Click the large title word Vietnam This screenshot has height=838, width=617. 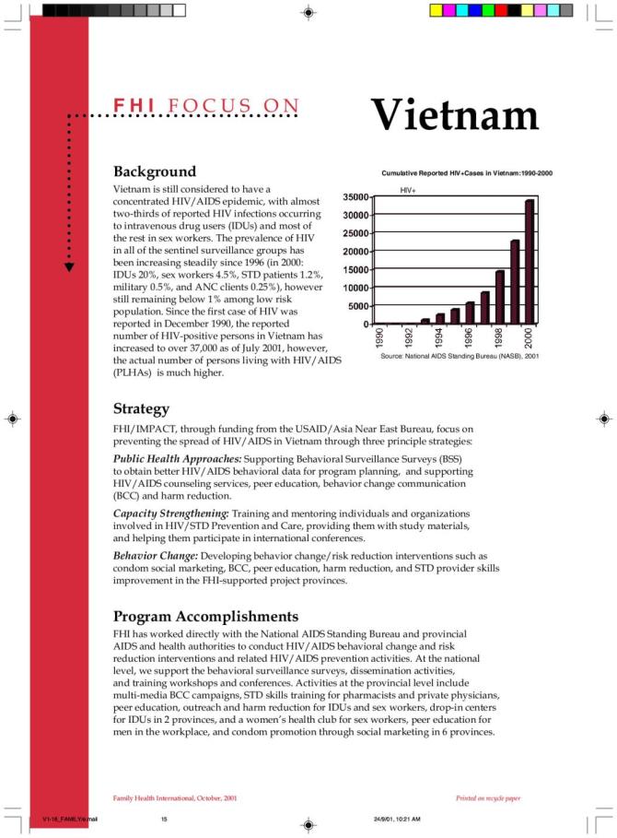coord(455,116)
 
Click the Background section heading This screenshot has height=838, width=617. coord(154,172)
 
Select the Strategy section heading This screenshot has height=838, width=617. coord(141,408)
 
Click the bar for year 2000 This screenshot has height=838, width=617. coord(530,262)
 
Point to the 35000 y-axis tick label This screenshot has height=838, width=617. coord(355,197)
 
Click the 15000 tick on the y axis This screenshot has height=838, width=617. coord(355,270)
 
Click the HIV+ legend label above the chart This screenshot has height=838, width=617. coord(408,189)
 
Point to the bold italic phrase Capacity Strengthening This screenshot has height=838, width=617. coord(170,513)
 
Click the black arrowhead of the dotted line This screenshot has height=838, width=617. coord(69,266)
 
